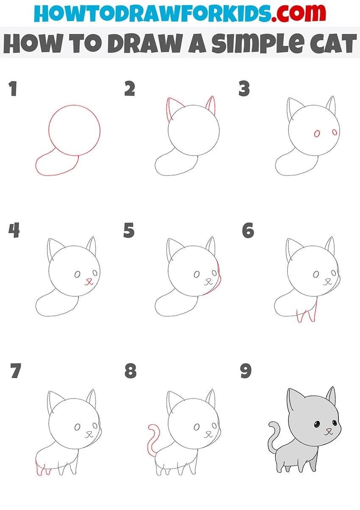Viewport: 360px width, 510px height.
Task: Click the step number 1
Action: tap(13, 88)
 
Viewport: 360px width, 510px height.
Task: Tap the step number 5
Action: tap(129, 230)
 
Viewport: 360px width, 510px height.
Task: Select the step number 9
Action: tap(246, 371)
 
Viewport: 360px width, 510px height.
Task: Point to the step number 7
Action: tap(16, 371)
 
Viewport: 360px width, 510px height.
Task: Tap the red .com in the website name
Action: tap(299, 13)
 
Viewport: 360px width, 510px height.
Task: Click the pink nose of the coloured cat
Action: tap(328, 429)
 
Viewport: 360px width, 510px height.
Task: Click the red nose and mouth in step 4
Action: tap(89, 281)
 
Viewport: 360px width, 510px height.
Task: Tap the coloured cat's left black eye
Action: tap(316, 424)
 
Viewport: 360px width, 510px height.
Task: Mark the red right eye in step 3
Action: tap(335, 132)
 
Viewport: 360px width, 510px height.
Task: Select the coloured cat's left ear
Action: tap(295, 400)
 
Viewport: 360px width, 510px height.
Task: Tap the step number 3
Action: tap(244, 88)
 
